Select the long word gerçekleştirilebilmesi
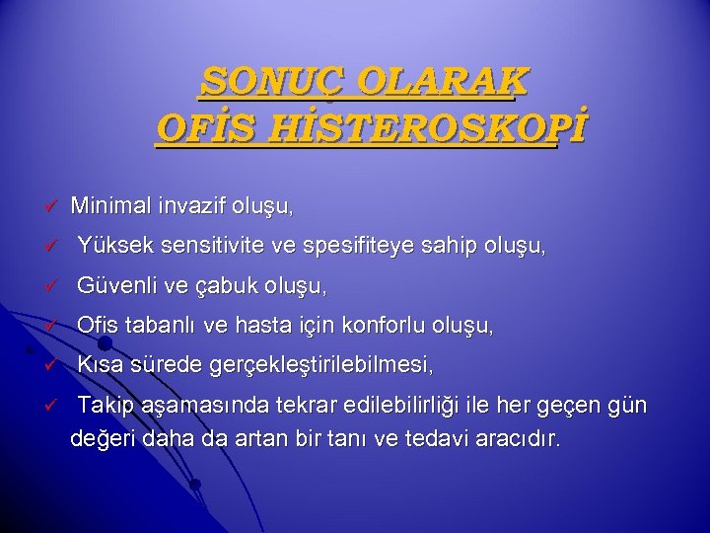(321, 365)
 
